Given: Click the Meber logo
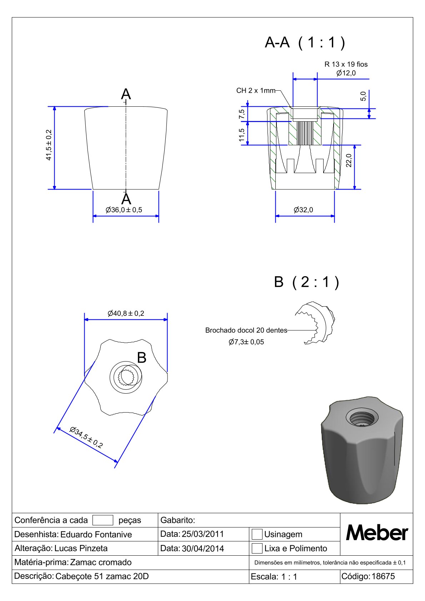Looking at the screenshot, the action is [x=377, y=533].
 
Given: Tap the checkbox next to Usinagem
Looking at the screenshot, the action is [x=257, y=534].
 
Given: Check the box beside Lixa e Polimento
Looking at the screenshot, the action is [x=257, y=548].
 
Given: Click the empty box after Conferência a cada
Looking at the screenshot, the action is [x=102, y=520].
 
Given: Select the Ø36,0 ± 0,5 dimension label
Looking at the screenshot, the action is [x=124, y=210].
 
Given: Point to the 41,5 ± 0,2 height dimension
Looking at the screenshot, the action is [x=49, y=145].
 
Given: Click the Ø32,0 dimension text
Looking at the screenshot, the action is [x=303, y=210].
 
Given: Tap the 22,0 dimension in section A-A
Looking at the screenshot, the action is [x=349, y=161].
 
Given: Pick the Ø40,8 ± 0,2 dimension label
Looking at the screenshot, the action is [x=126, y=313].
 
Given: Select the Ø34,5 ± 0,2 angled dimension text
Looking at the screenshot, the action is [x=86, y=438].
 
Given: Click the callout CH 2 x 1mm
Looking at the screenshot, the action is [x=256, y=91].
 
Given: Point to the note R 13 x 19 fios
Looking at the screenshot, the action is [x=346, y=64].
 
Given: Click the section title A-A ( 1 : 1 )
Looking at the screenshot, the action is [x=305, y=42].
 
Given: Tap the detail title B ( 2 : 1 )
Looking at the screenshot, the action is [x=306, y=282].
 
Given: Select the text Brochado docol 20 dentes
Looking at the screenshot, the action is [x=246, y=330].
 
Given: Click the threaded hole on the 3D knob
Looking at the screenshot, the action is [x=362, y=418].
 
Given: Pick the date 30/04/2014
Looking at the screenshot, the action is [x=203, y=549].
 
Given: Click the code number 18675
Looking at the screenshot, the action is [x=383, y=576].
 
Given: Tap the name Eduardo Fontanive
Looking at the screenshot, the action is [x=96, y=535].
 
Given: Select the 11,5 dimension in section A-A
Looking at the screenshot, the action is [x=242, y=135].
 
